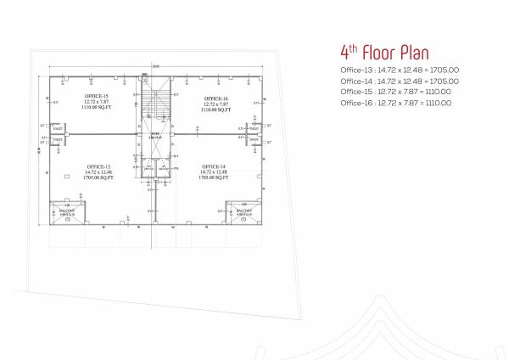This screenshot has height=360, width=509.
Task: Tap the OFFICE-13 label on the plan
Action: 96,166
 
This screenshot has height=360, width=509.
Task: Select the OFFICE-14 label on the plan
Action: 215,166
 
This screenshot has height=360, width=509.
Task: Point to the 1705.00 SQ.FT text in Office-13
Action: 96,177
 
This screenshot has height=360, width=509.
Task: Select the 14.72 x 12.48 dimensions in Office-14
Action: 215,172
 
